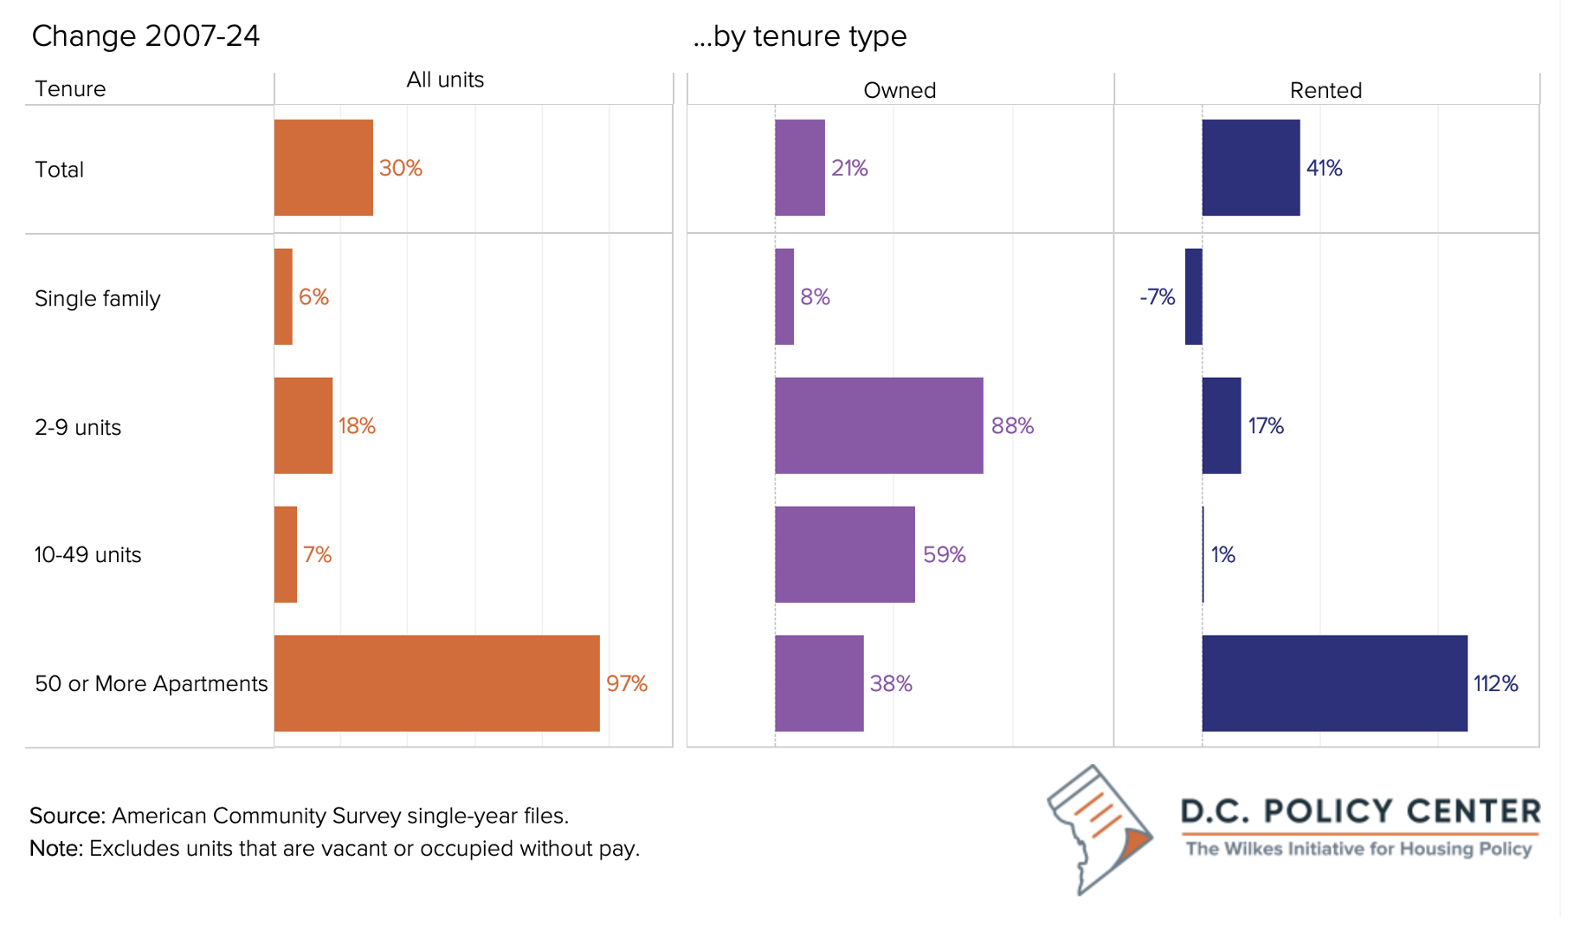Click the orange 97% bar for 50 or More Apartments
pos(437,683)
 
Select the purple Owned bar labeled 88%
pos(879,425)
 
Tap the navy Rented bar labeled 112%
pos(1334,683)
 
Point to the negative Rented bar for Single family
pos(1193,296)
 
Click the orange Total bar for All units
pos(324,167)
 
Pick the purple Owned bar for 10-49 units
pos(845,554)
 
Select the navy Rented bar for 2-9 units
pos(1222,425)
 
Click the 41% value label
pos(1324,168)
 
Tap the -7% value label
pos(1157,297)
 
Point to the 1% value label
pos(1222,554)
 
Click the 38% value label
pos(891,683)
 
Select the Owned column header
pos(900,90)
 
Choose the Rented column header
pos(1326,90)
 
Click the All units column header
pos(445,80)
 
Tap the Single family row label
pos(98,299)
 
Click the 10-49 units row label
pos(87,554)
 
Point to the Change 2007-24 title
pos(145,36)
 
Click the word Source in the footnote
pos(68,816)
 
